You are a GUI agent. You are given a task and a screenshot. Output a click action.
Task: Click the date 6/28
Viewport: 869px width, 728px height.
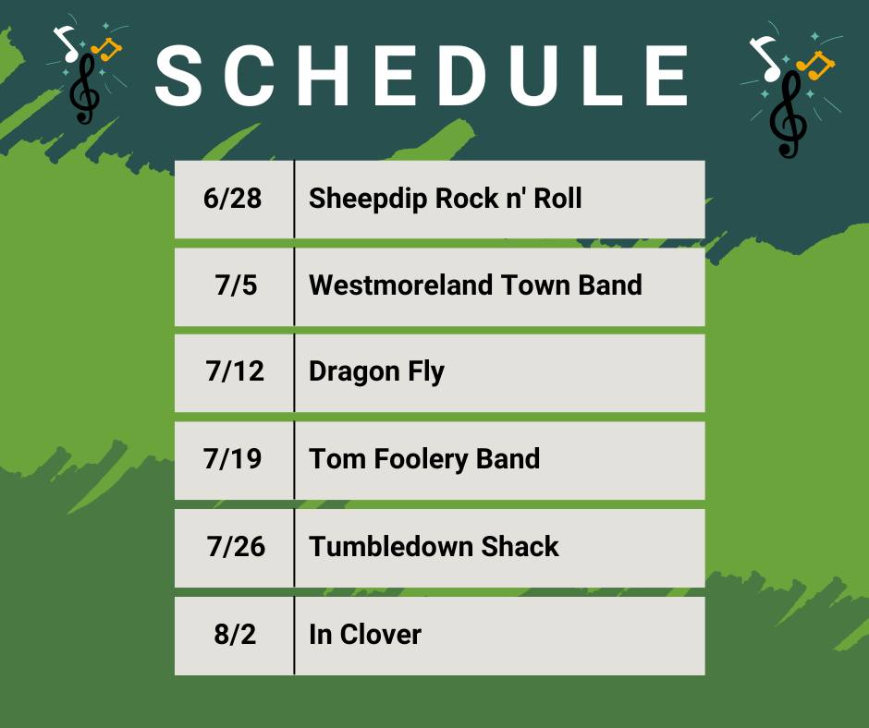pyautogui.click(x=232, y=199)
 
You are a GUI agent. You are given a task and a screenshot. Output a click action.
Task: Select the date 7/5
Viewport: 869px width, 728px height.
pyautogui.click(x=236, y=285)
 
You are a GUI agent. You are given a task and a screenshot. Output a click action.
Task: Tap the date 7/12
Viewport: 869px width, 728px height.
pyautogui.click(x=235, y=371)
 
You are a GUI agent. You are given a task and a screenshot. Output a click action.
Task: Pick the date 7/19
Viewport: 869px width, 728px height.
pyautogui.click(x=232, y=459)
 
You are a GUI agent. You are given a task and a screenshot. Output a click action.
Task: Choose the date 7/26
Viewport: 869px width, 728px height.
pyautogui.click(x=236, y=546)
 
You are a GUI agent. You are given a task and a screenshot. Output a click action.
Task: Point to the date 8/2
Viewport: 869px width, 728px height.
pyautogui.click(x=235, y=634)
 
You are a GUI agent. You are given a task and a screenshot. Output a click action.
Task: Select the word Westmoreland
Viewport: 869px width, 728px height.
pyautogui.click(x=400, y=285)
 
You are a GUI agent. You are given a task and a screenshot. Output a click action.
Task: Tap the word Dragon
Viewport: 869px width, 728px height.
pyautogui.click(x=354, y=372)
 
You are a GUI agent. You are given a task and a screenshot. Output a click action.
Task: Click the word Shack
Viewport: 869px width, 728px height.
pyautogui.click(x=520, y=546)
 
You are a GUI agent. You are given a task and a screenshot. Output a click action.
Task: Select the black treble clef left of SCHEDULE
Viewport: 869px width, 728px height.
pyautogui.click(x=84, y=88)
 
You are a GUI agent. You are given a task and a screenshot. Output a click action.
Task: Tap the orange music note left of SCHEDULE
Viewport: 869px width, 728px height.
pyautogui.click(x=107, y=50)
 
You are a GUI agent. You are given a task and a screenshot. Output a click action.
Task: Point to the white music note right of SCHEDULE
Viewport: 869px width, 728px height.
pyautogui.click(x=765, y=57)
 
